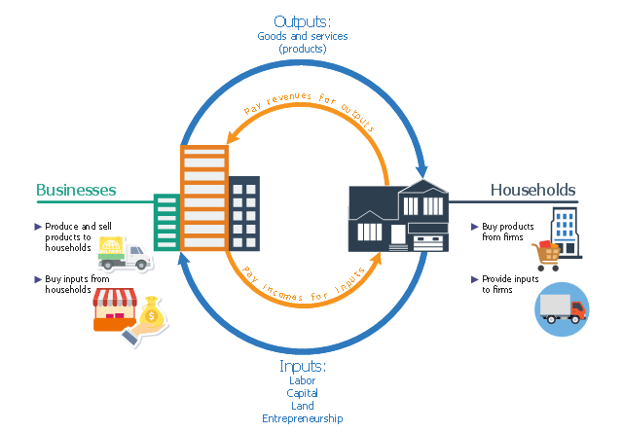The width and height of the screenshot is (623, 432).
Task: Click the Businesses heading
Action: pyautogui.click(x=76, y=191)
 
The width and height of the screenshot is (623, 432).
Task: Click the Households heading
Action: pyautogui.click(x=532, y=191)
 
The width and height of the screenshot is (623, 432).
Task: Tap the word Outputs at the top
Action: pyautogui.click(x=302, y=21)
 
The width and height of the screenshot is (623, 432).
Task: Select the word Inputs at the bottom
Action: pyautogui.click(x=302, y=366)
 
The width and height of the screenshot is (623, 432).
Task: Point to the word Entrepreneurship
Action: pyautogui.click(x=302, y=418)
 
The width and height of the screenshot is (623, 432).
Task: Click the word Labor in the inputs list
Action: pyautogui.click(x=302, y=380)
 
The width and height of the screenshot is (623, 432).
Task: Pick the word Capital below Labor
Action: pyautogui.click(x=302, y=393)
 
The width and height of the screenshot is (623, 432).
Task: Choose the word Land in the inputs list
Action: pyautogui.click(x=302, y=406)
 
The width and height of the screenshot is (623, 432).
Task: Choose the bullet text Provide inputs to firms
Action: pyautogui.click(x=509, y=284)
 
